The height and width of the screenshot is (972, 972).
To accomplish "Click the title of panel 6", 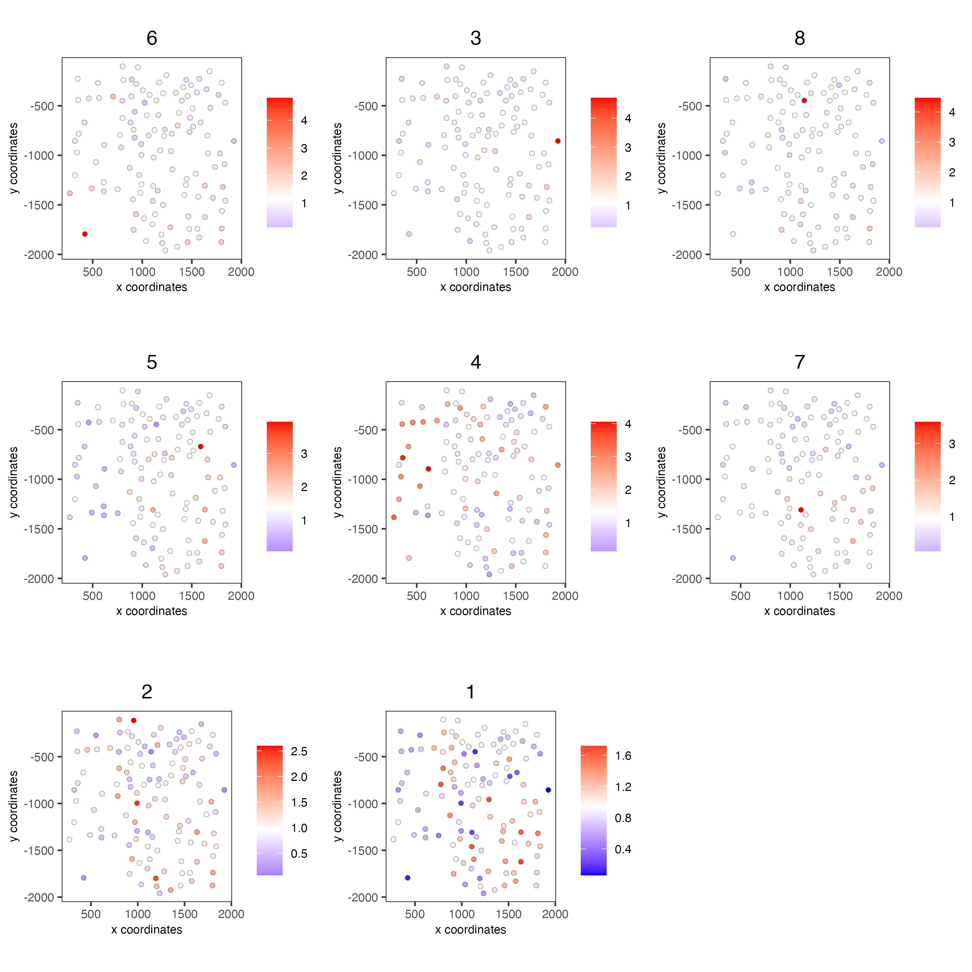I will pos(152,38).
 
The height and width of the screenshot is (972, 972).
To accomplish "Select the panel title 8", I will pos(800,38).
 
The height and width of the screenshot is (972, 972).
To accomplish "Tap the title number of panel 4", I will pos(476,362).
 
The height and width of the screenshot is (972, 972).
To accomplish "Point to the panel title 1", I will pos(471,692).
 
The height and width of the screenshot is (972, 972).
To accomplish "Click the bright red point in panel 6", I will pos(85,234).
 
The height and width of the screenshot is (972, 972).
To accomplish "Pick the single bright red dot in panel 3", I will pos(557,141).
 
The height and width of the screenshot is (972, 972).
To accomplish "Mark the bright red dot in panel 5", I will pos(200,446).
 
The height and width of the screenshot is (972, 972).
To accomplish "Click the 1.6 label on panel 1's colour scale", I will pos(623,756).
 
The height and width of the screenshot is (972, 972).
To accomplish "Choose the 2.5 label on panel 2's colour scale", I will pos(299,751).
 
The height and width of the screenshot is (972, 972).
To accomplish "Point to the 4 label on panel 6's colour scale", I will pos(304,121).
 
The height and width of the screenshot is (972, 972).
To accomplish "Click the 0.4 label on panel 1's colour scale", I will pos(623,849).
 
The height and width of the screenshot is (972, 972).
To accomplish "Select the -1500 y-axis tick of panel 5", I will pos(42,529).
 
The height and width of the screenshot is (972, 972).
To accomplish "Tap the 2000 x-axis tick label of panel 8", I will pos(888,272).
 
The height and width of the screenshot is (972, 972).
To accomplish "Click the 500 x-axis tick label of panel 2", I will pos(91,914).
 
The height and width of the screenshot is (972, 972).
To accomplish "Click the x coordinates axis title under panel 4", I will pos(476,611).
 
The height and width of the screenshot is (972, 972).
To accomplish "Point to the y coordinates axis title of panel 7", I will pos(662,482).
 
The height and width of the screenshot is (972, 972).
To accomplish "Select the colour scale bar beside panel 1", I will pos(593,810).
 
